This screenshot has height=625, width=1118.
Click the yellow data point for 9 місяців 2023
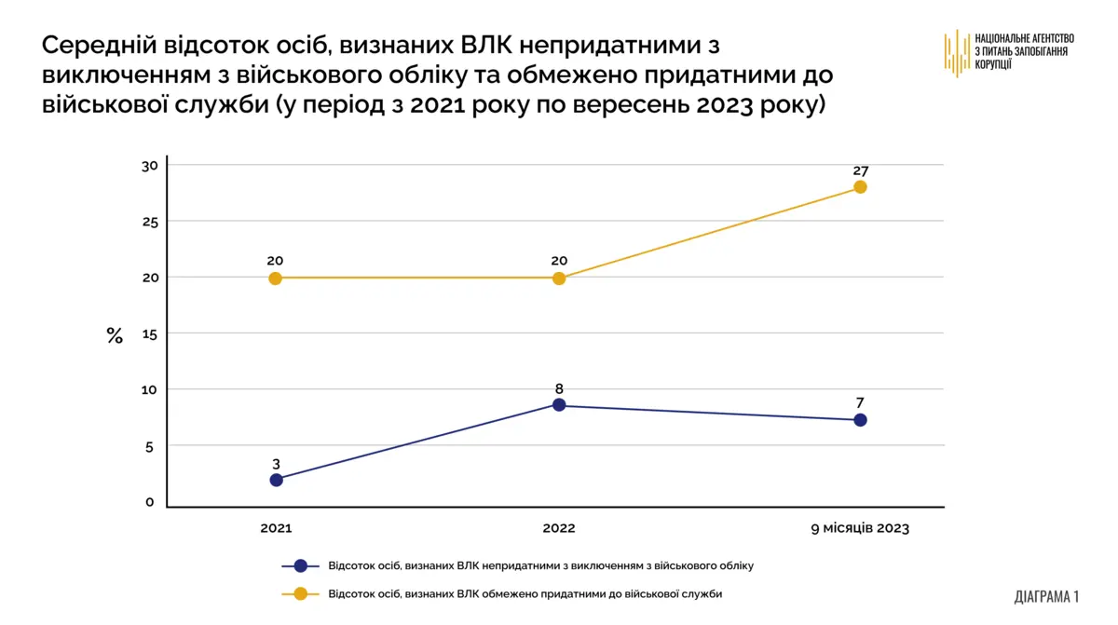pyautogui.click(x=860, y=186)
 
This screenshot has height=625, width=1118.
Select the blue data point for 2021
pyautogui.click(x=276, y=480)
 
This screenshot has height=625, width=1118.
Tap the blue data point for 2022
pyautogui.click(x=559, y=404)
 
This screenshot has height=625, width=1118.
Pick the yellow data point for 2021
pyautogui.click(x=275, y=278)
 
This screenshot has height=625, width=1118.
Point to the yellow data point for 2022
pyautogui.click(x=559, y=278)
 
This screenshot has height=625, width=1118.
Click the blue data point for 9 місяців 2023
pyautogui.click(x=860, y=420)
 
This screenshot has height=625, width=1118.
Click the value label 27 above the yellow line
pyautogui.click(x=860, y=170)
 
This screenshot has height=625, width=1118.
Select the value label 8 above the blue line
pyautogui.click(x=559, y=388)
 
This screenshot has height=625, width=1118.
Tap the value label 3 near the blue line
pyautogui.click(x=276, y=463)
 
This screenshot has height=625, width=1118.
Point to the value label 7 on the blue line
pyautogui.click(x=860, y=403)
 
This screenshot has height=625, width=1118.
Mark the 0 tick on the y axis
pyautogui.click(x=149, y=502)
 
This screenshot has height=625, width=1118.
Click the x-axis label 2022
pyautogui.click(x=559, y=528)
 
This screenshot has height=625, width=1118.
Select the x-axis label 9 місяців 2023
pyautogui.click(x=859, y=528)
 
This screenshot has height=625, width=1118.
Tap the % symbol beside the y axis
pyautogui.click(x=115, y=335)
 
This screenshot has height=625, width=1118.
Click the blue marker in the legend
pyautogui.click(x=300, y=565)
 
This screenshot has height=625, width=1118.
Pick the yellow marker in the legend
pyautogui.click(x=300, y=593)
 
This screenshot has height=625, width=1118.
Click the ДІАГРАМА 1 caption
pyautogui.click(x=1046, y=596)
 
